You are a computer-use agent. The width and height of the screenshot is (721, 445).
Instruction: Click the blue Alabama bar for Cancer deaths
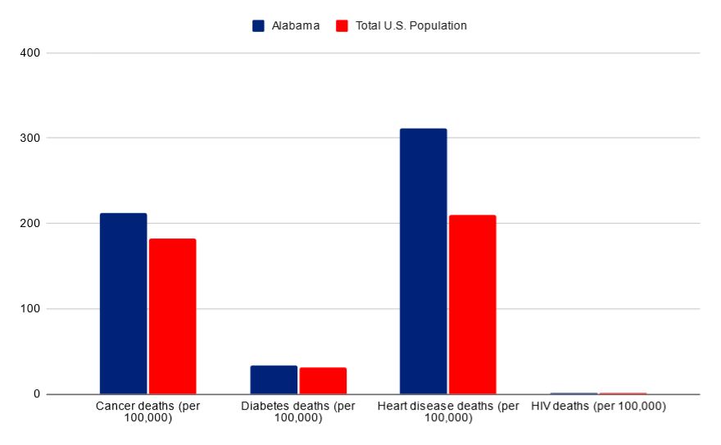(123, 303)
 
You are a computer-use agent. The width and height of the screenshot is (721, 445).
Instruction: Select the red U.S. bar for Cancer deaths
(172, 316)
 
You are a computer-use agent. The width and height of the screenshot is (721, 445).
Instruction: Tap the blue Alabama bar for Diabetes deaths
(274, 379)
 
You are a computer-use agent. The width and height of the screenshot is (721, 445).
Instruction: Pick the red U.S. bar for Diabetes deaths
(323, 380)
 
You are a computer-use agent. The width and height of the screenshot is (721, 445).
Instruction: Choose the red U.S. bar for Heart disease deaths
(472, 304)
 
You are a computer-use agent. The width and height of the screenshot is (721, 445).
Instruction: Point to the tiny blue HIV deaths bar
(574, 393)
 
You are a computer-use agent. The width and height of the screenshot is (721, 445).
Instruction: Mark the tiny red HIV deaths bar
(623, 393)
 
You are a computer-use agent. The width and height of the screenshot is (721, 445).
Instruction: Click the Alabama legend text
(295, 25)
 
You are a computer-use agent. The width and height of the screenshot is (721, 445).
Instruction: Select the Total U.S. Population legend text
(411, 25)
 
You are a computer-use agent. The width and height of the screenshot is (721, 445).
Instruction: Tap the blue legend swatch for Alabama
(259, 25)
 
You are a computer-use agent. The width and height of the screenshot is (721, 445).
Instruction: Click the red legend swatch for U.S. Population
(343, 25)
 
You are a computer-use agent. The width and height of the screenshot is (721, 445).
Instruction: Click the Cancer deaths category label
(147, 412)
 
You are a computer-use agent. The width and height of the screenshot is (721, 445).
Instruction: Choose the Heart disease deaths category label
(448, 412)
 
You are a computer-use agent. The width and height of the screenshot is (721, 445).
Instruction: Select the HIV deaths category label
(598, 406)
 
